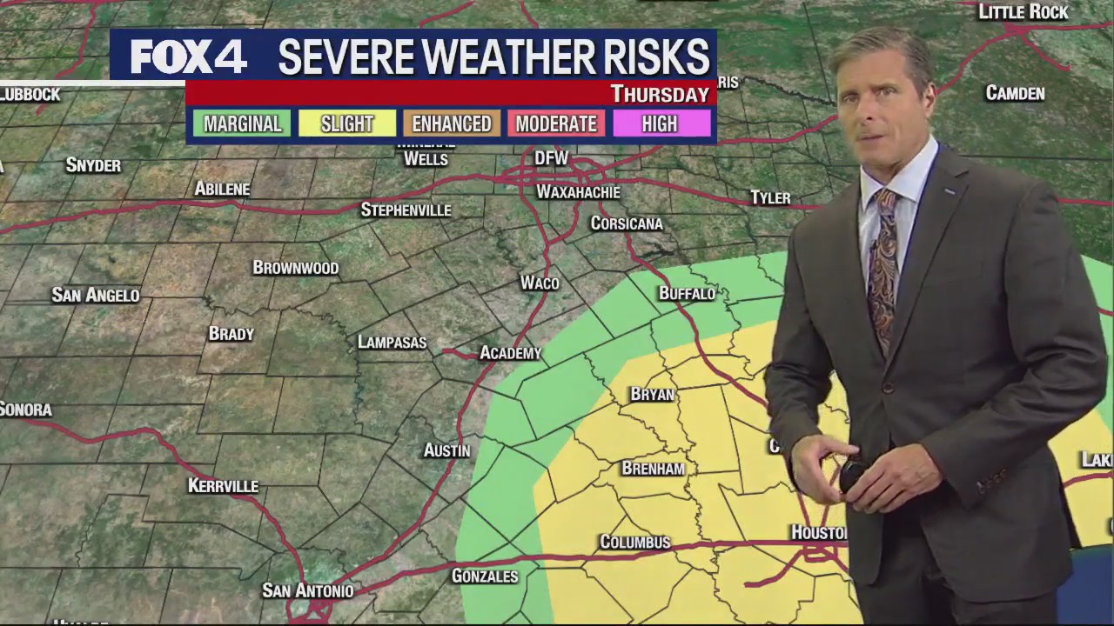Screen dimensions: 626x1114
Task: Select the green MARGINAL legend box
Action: pyautogui.click(x=242, y=123)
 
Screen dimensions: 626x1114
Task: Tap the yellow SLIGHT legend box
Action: pyautogui.click(x=346, y=123)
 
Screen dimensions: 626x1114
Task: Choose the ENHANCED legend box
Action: pyautogui.click(x=451, y=123)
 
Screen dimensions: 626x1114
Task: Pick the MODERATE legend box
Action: pyautogui.click(x=556, y=123)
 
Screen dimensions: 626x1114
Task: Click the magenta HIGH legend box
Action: pyautogui.click(x=660, y=123)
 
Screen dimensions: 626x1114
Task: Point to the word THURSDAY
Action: pyautogui.click(x=660, y=94)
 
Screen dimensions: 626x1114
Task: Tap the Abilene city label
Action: pyautogui.click(x=222, y=189)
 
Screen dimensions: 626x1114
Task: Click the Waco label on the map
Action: pyautogui.click(x=540, y=283)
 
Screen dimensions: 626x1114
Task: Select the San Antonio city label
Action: pyautogui.click(x=308, y=591)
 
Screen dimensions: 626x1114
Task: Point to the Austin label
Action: pyautogui.click(x=446, y=450)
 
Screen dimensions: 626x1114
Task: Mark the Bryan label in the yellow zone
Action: pyautogui.click(x=652, y=395)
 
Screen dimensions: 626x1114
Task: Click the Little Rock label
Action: pyautogui.click(x=1023, y=12)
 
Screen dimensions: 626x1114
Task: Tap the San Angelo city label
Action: pyautogui.click(x=96, y=296)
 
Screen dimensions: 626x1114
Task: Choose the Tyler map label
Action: pyautogui.click(x=770, y=198)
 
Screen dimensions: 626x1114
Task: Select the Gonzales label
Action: pyautogui.click(x=485, y=576)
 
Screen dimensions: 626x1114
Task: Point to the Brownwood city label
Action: pyautogui.click(x=295, y=268)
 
